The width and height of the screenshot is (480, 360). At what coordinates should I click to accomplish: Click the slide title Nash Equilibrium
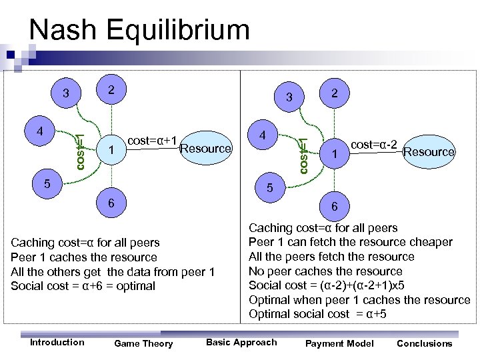click(x=139, y=30)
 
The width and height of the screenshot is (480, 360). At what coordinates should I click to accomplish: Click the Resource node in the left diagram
click(x=205, y=148)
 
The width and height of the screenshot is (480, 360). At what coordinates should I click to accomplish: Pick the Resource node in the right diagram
click(x=429, y=151)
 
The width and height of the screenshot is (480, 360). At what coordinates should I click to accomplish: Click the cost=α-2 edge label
click(x=374, y=144)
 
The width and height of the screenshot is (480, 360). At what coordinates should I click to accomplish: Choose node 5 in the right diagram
click(x=270, y=189)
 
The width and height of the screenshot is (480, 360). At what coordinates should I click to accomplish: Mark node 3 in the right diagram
click(x=289, y=97)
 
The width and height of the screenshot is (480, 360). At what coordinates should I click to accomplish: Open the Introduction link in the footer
click(x=57, y=342)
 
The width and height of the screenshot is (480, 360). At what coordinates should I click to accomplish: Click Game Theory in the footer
click(x=143, y=343)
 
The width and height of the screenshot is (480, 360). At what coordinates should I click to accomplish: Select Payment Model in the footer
click(x=339, y=343)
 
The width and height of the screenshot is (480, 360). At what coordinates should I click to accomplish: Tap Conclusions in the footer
click(x=424, y=343)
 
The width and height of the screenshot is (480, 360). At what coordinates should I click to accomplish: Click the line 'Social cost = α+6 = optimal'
click(x=83, y=286)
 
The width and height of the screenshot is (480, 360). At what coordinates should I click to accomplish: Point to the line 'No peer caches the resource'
click(x=325, y=271)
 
